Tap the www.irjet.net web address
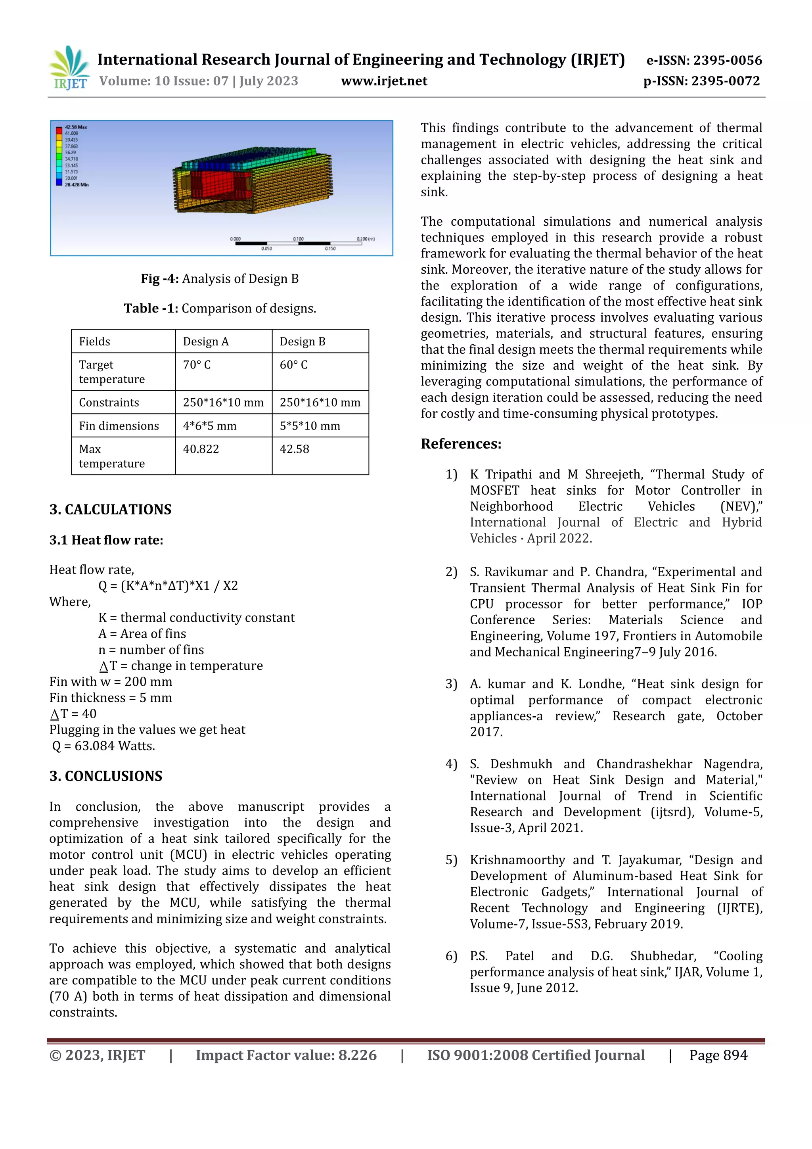[384, 81]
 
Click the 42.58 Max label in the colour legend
[76, 127]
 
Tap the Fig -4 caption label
[160, 279]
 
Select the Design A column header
[206, 341]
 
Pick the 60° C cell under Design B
[294, 365]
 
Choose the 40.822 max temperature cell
[201, 449]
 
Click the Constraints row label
[109, 402]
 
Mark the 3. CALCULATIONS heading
[110, 509]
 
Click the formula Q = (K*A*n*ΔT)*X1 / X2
[168, 585]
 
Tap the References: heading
[461, 444]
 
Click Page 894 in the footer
[718, 1055]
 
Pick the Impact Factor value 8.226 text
[286, 1055]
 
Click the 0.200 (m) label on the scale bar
[366, 239]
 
